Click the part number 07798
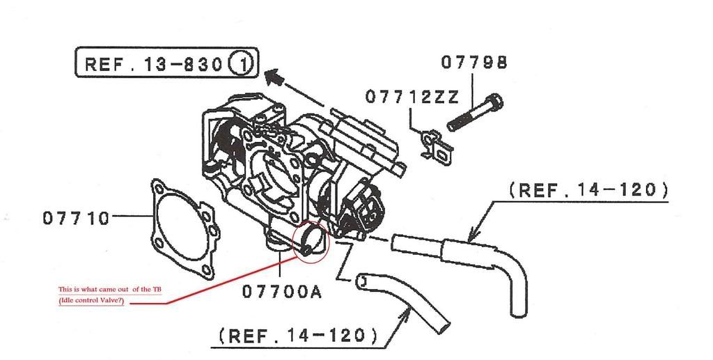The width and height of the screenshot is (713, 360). (x=473, y=63)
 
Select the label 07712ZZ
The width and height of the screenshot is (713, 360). (x=412, y=97)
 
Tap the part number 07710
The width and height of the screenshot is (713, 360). (x=77, y=218)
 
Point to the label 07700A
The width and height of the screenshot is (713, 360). (x=281, y=291)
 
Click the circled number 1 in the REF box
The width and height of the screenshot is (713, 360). (x=243, y=63)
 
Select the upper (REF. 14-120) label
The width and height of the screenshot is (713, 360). (x=589, y=189)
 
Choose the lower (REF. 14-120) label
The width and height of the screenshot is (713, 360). (x=298, y=336)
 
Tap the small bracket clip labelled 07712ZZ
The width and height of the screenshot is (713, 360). (x=435, y=145)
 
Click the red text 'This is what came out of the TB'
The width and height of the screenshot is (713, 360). (x=109, y=290)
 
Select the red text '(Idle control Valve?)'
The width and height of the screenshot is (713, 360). (x=91, y=301)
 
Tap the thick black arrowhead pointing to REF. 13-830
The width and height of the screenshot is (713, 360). (x=274, y=77)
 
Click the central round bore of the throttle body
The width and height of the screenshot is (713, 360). (x=272, y=182)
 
